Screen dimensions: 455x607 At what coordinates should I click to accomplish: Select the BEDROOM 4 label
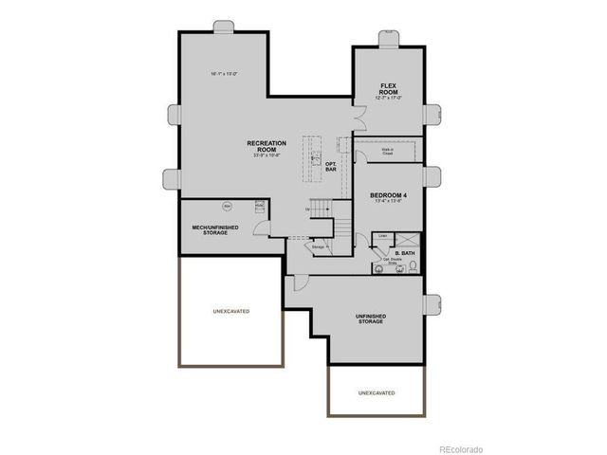388,195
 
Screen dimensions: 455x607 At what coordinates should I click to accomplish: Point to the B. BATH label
403,253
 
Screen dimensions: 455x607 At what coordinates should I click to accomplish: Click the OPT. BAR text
331,167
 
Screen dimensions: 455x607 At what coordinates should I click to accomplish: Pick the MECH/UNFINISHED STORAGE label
215,229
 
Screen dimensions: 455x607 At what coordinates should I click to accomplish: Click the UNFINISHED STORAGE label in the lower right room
370,318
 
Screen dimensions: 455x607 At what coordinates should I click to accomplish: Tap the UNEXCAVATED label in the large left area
230,312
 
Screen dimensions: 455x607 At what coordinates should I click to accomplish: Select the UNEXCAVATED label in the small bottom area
377,392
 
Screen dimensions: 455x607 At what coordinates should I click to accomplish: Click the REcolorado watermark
460,448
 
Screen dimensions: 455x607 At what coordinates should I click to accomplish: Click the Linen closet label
383,236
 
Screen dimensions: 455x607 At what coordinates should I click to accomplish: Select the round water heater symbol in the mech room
228,205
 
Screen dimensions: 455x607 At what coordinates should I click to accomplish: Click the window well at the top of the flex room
388,37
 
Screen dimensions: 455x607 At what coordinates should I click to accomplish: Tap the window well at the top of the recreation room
224,26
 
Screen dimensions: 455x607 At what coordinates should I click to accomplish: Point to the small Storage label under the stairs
318,246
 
